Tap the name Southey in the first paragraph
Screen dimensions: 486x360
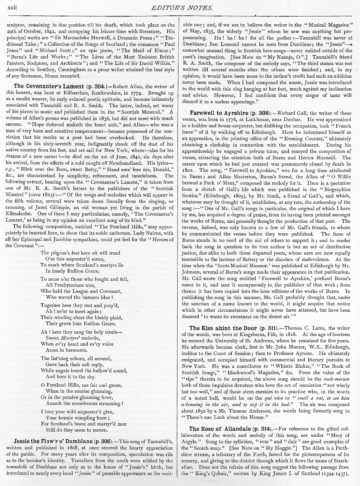43,69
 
